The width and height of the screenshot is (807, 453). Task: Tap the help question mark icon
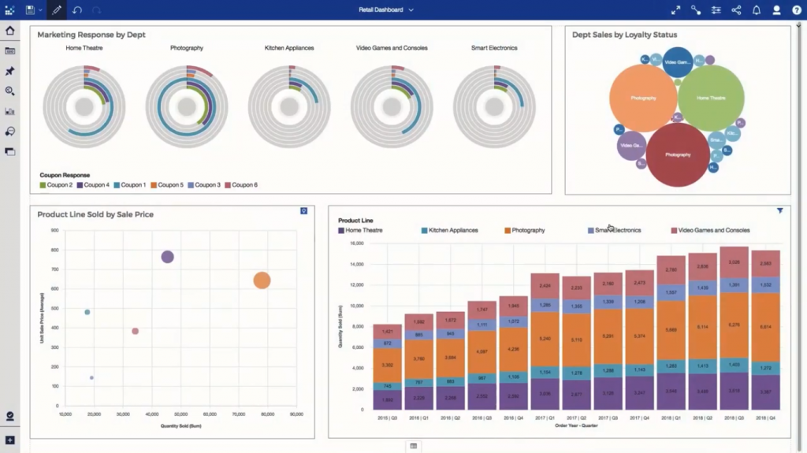coord(796,10)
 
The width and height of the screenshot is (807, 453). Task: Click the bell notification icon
coord(756,10)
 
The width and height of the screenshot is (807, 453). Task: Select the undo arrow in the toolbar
coord(76,10)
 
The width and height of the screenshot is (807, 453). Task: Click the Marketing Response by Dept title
coord(91,35)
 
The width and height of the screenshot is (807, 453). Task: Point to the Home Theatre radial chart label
coord(84,48)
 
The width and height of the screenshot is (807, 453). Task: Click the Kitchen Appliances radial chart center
coord(289,106)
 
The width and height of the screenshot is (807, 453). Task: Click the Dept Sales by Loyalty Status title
coord(624,35)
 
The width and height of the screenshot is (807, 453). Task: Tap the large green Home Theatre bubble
coord(711,98)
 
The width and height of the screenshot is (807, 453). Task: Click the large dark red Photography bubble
coord(678,154)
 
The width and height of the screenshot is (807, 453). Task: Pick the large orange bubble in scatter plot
coord(262,280)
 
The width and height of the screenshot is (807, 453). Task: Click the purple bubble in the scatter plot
coord(167,257)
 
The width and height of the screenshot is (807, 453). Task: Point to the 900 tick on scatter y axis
coord(54,231)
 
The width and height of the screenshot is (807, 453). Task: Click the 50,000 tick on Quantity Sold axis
coord(180,414)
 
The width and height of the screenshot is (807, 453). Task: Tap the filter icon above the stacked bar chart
coord(780,211)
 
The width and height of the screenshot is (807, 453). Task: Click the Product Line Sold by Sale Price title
coord(95,214)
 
